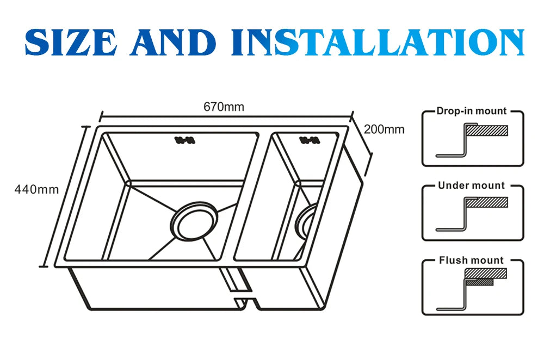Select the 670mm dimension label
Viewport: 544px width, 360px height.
[224, 107]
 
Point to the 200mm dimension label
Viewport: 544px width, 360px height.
[384, 129]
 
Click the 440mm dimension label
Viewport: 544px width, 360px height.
[36, 190]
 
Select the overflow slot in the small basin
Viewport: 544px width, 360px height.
[308, 141]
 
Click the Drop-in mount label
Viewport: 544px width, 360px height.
[471, 111]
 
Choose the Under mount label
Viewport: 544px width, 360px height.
[471, 185]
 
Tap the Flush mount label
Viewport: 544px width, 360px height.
[471, 260]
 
